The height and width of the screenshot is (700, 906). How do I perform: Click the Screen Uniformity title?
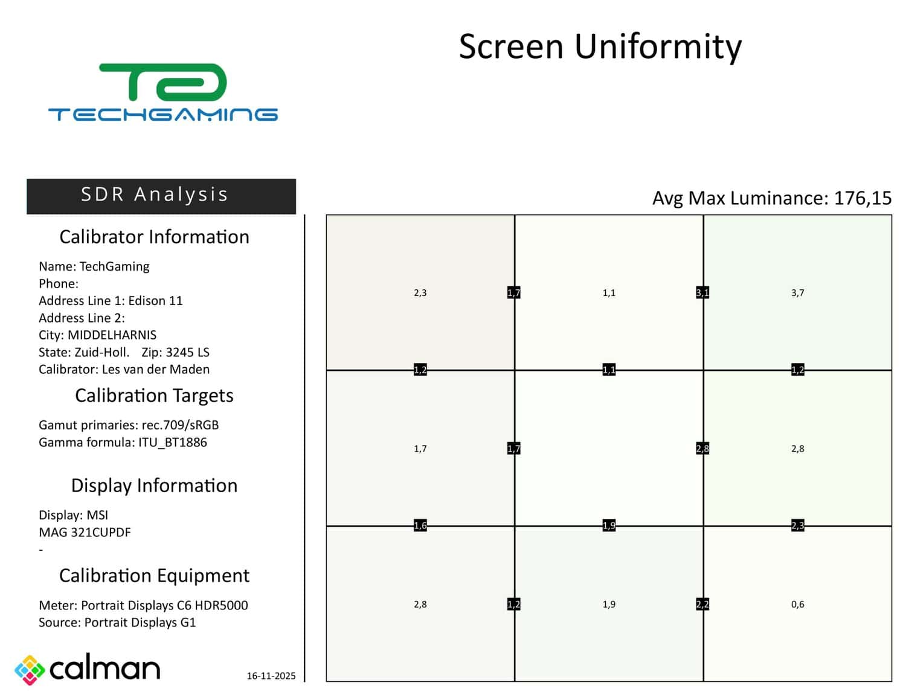coord(600,47)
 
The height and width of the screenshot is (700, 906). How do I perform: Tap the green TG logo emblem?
coord(163,83)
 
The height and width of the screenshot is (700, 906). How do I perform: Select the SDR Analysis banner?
coord(161,196)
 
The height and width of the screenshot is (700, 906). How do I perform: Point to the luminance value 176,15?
coord(862,198)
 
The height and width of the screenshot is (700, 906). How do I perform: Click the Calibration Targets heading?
coord(154,396)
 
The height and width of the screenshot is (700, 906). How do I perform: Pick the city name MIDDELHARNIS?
coord(112,335)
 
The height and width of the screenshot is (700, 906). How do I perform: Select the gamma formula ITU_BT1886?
coord(172,443)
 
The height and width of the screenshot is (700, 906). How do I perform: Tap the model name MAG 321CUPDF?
coord(85,533)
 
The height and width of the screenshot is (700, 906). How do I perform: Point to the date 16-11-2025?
coord(271,676)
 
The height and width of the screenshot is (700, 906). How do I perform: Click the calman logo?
coord(88,669)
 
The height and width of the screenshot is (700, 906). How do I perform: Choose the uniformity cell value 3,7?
coord(797,293)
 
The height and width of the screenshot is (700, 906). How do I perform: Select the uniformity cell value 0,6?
coord(797,605)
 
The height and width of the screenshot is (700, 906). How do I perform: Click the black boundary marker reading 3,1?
coord(702,293)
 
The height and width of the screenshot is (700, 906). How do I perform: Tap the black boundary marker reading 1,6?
coord(420,525)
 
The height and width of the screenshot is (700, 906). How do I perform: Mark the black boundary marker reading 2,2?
coord(702,605)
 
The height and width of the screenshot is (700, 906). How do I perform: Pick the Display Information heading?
coord(154,486)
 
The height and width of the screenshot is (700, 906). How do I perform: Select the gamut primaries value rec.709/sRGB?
coord(180,425)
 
